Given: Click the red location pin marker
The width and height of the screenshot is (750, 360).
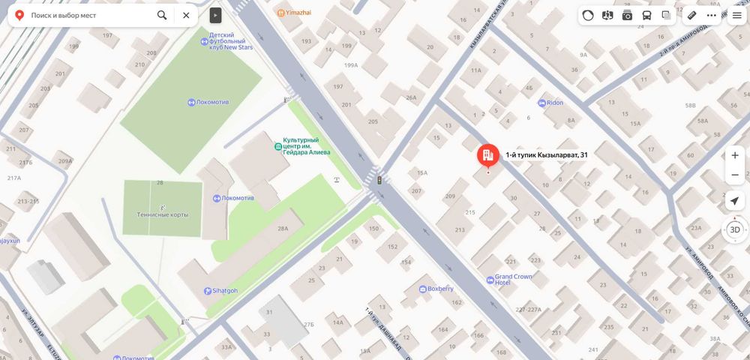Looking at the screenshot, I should tap(488, 155).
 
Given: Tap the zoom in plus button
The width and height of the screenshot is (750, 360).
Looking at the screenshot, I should tap(734, 155).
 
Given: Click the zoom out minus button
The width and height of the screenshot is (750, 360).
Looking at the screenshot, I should tap(734, 175).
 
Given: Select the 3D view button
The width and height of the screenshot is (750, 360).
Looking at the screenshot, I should tap(734, 229).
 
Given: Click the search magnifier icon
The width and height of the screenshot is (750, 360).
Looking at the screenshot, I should tap(162, 15).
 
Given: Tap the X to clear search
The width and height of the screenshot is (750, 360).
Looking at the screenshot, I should tap(186, 15).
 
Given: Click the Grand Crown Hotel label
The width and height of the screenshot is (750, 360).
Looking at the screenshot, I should tap(513, 280).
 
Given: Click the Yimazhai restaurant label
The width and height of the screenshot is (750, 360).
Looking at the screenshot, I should tap(297, 13).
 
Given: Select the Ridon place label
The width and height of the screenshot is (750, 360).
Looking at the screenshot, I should tap(554, 103).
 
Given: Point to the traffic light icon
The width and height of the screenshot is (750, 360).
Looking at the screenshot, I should tap(379, 180).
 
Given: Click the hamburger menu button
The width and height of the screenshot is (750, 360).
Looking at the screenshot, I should tap(737, 15).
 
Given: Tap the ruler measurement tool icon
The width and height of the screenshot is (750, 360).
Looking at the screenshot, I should tap(691, 15).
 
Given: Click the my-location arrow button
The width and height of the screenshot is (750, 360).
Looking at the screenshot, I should tap(734, 200).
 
